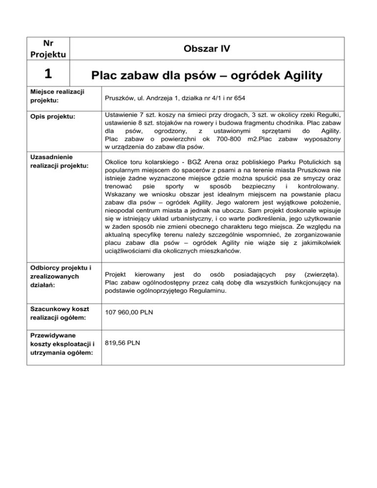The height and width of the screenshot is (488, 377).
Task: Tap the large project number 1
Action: (x=47, y=74)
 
